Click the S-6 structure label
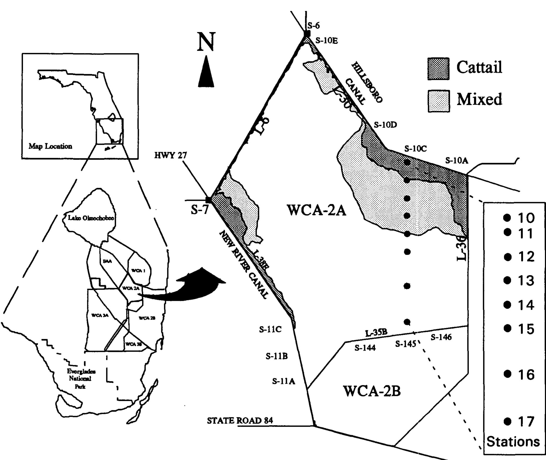313,26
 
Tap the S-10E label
327,41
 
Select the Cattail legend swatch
438,69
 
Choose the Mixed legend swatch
439,101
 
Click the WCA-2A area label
316,210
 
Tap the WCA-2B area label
372,391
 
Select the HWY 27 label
171,156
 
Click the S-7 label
200,209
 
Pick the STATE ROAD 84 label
240,421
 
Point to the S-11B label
277,356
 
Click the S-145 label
405,344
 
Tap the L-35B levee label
376,333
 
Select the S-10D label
385,125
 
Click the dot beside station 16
507,374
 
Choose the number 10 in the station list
526,218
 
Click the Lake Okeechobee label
91,218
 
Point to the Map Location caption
50,146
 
